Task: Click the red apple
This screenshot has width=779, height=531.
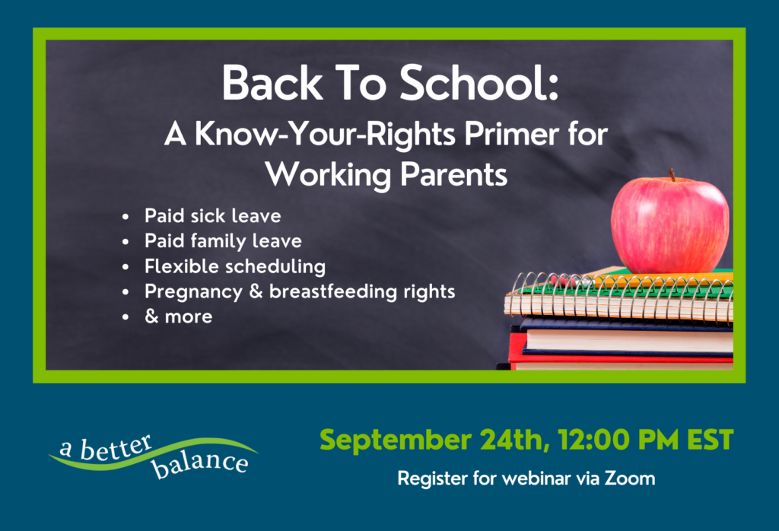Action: (670, 224)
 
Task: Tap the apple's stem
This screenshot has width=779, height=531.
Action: (672, 175)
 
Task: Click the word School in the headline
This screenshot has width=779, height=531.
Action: (479, 83)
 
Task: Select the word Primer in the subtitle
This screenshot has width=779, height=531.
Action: (512, 134)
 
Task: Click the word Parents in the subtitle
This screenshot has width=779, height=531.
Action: (453, 175)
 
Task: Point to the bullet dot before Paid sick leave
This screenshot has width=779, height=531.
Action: (126, 217)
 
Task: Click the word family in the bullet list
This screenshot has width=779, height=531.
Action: (218, 241)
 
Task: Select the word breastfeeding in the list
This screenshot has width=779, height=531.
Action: (333, 291)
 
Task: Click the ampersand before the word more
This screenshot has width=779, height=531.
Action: (151, 316)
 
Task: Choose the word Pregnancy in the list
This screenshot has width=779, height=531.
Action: (193, 292)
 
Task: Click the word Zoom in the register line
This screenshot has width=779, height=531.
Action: (630, 479)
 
